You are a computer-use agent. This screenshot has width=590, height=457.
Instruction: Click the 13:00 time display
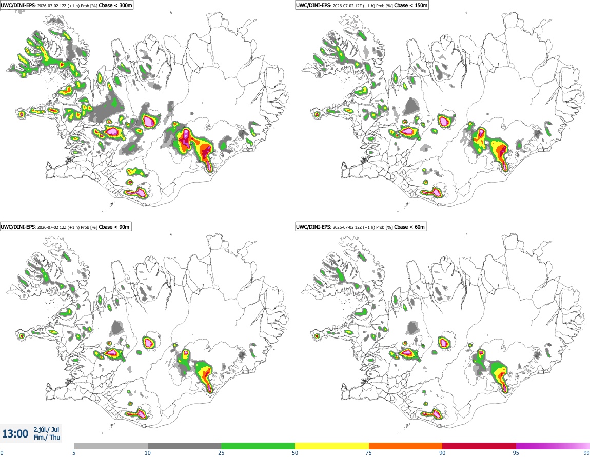pyautogui.click(x=15, y=434)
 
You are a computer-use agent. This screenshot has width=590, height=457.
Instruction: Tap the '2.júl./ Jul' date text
pyautogui.click(x=46, y=429)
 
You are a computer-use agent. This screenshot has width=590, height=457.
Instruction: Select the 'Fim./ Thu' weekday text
pyautogui.click(x=47, y=437)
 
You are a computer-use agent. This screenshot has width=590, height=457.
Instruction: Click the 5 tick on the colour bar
pyautogui.click(x=74, y=453)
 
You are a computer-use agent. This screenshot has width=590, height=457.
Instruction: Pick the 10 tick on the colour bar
pyautogui.click(x=148, y=453)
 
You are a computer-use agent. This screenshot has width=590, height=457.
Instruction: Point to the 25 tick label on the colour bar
pyautogui.click(x=221, y=453)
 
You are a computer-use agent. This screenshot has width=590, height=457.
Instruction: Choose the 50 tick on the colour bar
pyautogui.click(x=295, y=453)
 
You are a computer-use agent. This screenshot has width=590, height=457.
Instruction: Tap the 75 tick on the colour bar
pyautogui.click(x=369, y=453)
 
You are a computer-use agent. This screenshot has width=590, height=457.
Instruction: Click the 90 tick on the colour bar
pyautogui.click(x=442, y=453)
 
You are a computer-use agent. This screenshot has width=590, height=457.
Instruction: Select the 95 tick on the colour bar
pyautogui.click(x=516, y=453)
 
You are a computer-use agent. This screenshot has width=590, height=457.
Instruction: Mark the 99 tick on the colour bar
pyautogui.click(x=586, y=453)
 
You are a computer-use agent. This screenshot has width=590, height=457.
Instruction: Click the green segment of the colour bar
pyautogui.click(x=258, y=446)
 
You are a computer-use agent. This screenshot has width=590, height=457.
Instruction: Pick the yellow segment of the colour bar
pyautogui.click(x=332, y=446)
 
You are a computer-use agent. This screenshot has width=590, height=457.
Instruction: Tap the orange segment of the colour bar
pyautogui.click(x=406, y=446)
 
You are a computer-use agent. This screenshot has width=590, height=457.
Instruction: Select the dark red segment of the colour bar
pyautogui.click(x=479, y=446)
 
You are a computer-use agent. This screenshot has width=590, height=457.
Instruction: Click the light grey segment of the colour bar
pyautogui.click(x=111, y=446)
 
